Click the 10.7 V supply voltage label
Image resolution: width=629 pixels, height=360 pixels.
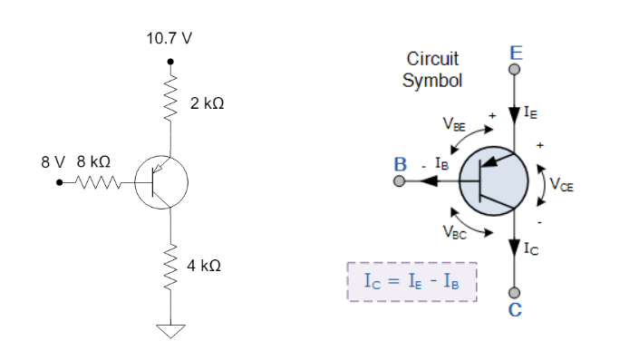click(x=169, y=40)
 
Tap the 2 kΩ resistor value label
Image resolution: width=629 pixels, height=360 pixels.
click(x=208, y=104)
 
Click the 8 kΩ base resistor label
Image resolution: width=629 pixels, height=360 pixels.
click(x=93, y=161)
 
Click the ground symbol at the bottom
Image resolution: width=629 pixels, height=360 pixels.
click(x=169, y=329)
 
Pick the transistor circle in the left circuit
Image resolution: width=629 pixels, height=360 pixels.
click(x=161, y=181)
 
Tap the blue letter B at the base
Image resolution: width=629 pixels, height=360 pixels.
click(x=399, y=165)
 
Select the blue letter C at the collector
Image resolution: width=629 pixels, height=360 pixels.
click(x=515, y=311)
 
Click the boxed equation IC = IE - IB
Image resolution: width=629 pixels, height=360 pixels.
click(x=411, y=282)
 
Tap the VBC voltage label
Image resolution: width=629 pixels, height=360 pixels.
click(x=455, y=230)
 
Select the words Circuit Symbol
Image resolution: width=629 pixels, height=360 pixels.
click(x=432, y=69)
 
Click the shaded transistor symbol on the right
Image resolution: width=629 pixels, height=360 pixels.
click(x=493, y=180)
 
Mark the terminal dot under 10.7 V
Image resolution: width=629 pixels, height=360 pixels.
click(x=169, y=62)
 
